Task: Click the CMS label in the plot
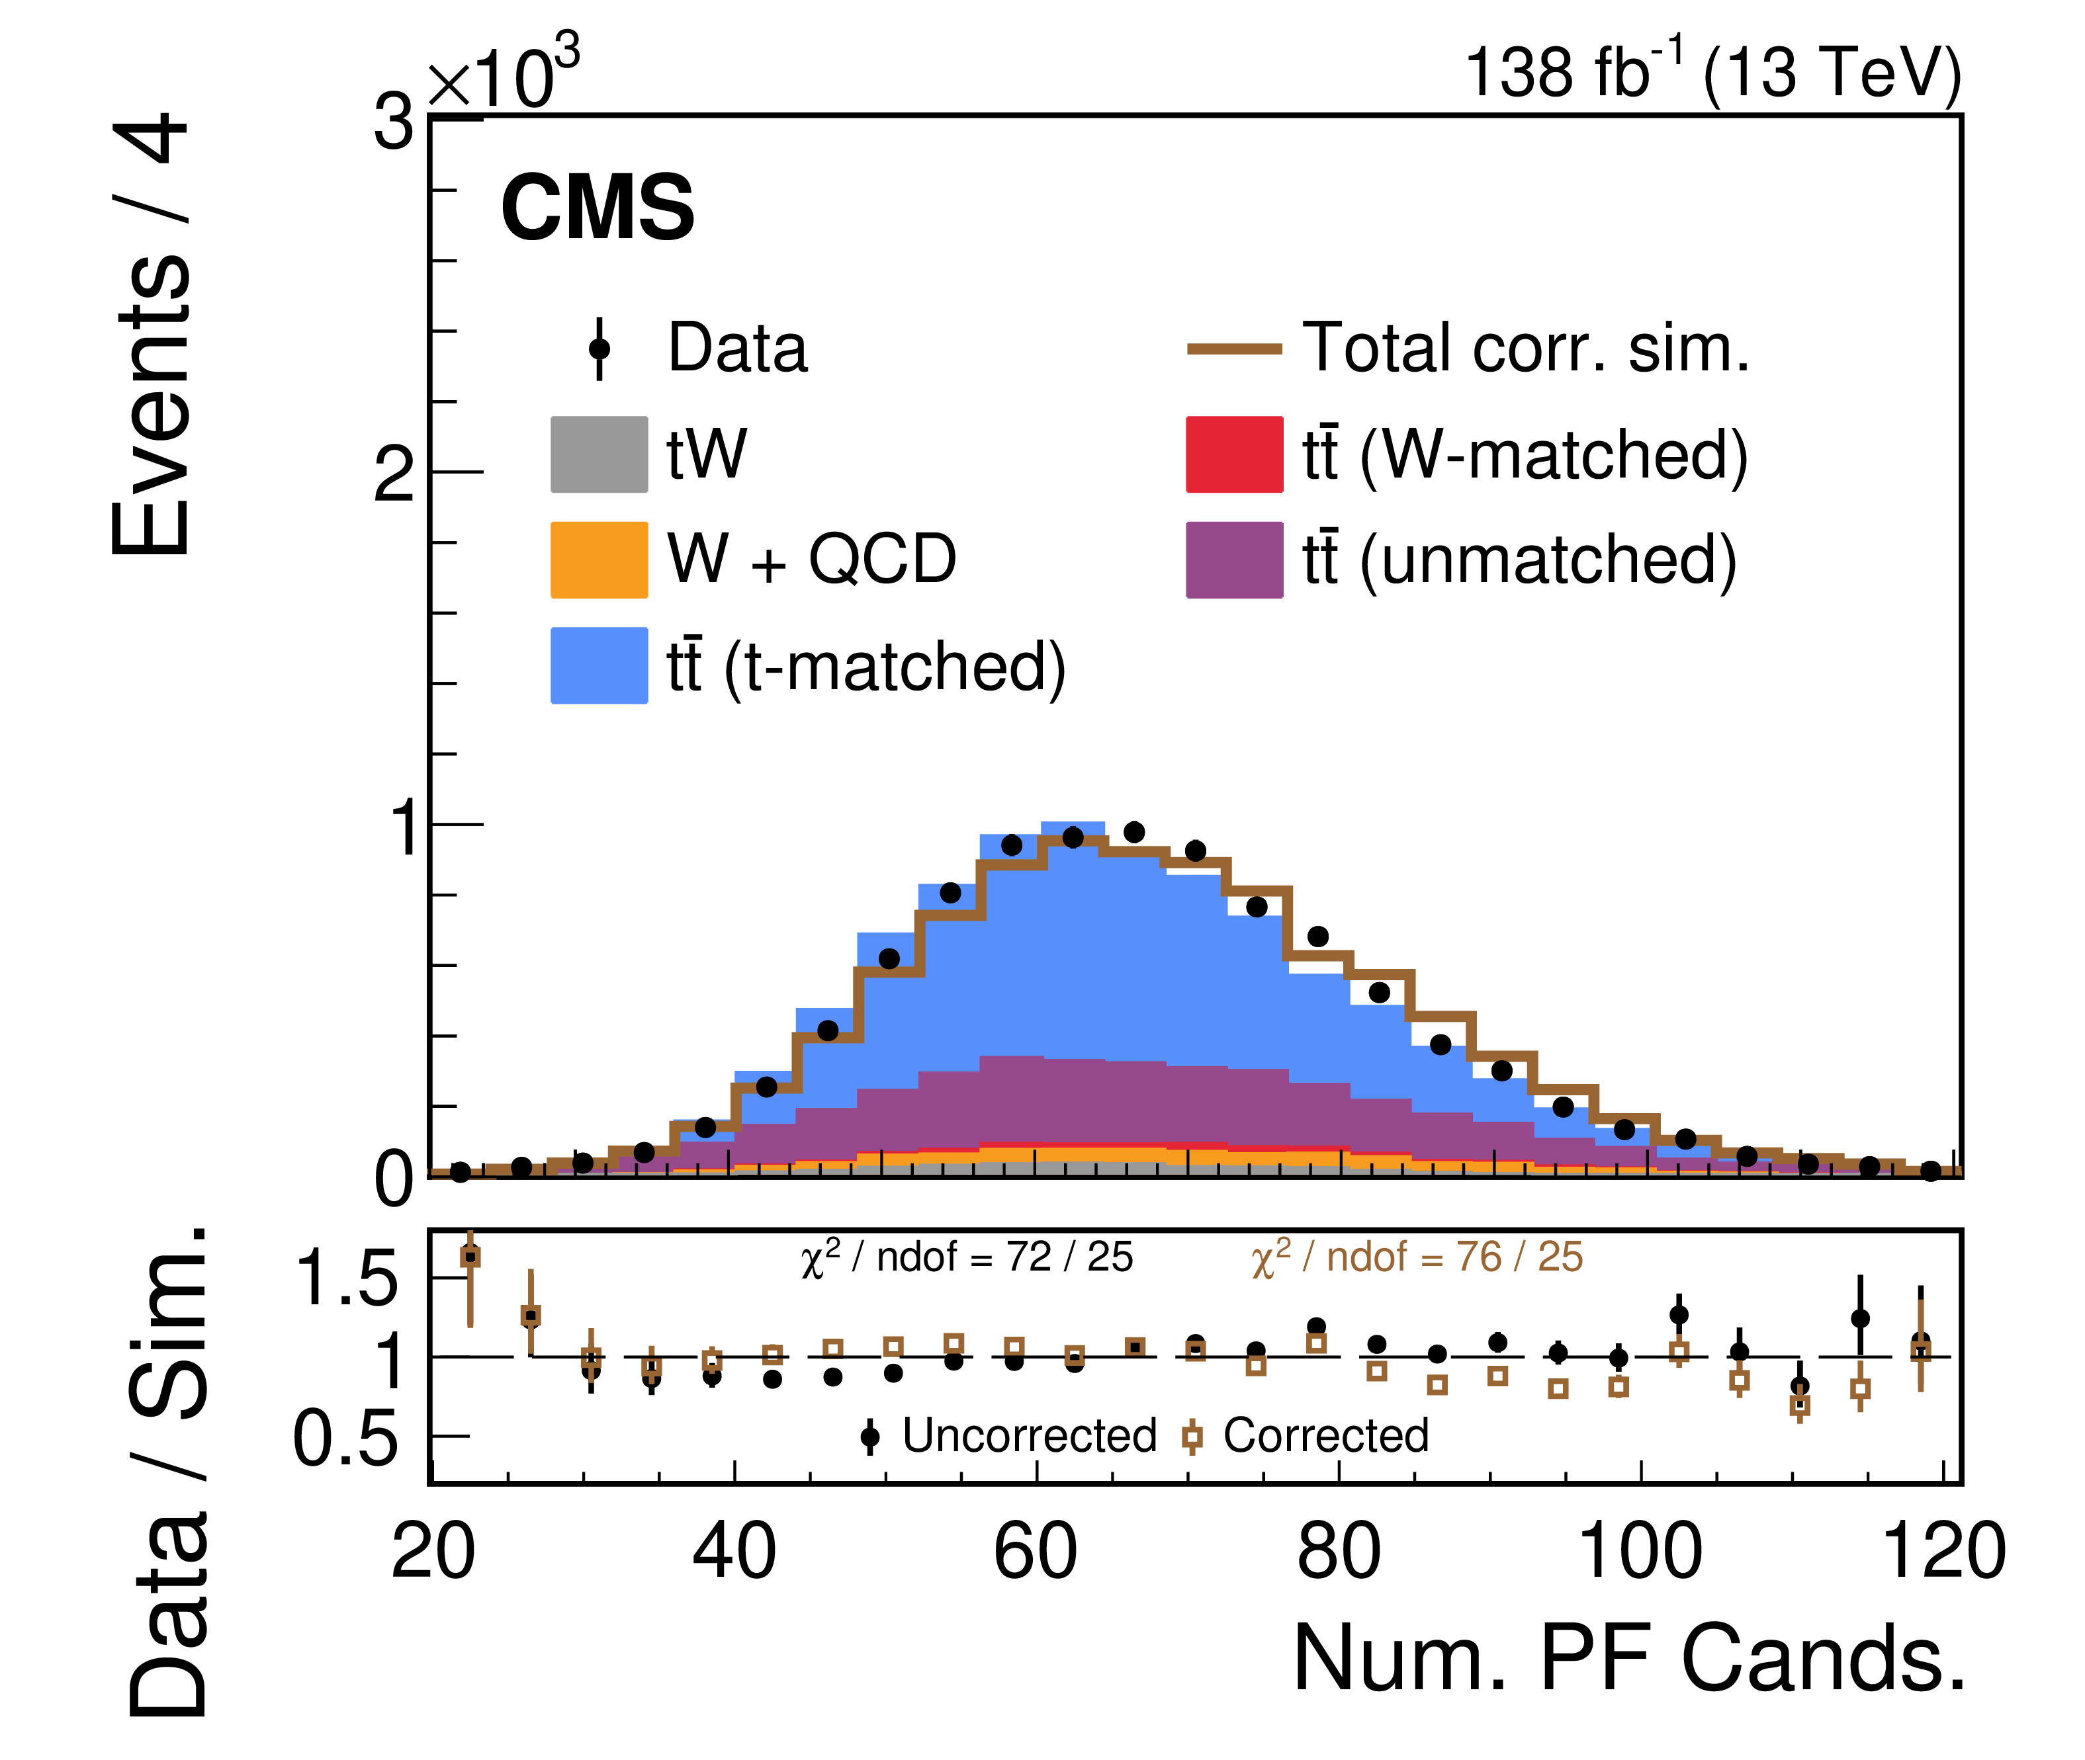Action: (x=597, y=208)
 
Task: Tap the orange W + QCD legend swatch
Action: (x=599, y=560)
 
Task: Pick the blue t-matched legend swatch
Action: (x=599, y=665)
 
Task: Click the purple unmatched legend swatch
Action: (x=1233, y=560)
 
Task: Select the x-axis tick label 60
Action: (x=1035, y=1552)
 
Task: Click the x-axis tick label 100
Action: (x=1640, y=1552)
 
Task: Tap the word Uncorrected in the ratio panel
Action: (x=1029, y=1436)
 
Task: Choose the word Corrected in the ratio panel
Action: (x=1325, y=1436)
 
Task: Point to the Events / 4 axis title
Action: (x=150, y=334)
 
